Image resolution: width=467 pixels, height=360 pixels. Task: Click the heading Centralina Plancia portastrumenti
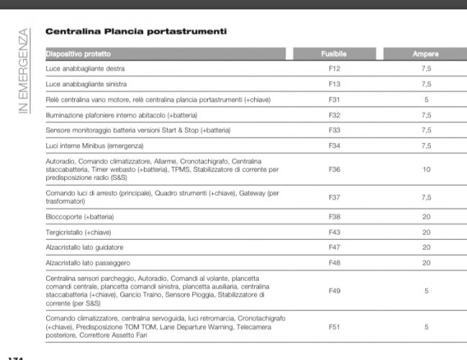(x=136, y=32)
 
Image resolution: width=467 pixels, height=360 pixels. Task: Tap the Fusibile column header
(x=334, y=54)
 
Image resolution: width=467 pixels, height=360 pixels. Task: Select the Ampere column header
(x=426, y=54)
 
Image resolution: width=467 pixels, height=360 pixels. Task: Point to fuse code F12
(x=334, y=68)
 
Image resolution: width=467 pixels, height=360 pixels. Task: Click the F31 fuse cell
(x=334, y=99)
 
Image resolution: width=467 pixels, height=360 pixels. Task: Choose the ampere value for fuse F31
(x=426, y=99)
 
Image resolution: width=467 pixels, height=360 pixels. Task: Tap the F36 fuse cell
(x=334, y=170)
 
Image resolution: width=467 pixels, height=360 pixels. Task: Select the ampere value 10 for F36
(x=426, y=170)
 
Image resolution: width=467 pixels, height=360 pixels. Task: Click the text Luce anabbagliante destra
(x=85, y=68)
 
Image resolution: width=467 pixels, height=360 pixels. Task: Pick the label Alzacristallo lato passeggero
(x=89, y=263)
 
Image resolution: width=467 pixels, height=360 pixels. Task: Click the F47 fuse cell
(x=334, y=247)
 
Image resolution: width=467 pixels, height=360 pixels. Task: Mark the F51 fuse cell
(x=334, y=326)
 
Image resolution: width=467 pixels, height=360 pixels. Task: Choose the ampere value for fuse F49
(x=426, y=291)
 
